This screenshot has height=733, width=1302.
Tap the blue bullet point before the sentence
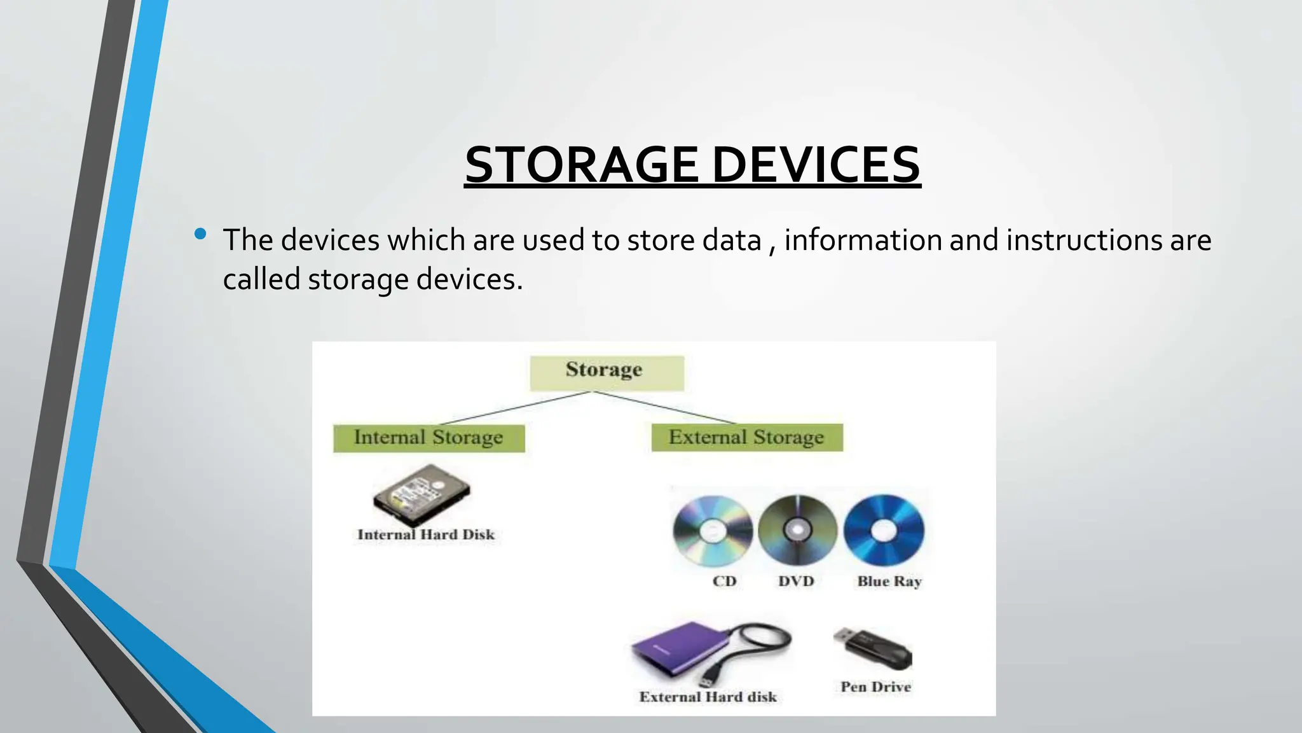(201, 234)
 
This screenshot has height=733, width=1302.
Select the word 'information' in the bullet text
(863, 241)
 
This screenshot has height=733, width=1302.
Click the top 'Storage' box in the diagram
(606, 373)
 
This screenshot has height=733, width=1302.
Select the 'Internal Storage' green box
(429, 438)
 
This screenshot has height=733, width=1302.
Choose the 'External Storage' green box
(746, 438)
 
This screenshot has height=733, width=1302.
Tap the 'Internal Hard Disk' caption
(426, 534)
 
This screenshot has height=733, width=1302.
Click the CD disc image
(712, 531)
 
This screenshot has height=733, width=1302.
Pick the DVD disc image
(797, 530)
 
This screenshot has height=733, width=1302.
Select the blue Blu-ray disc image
(884, 530)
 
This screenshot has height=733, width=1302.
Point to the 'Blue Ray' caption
(889, 581)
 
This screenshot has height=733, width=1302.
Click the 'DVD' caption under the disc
(796, 581)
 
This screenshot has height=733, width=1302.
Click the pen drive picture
(874, 648)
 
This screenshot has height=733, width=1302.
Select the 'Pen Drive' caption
(875, 687)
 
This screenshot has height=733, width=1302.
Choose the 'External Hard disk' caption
(708, 697)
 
